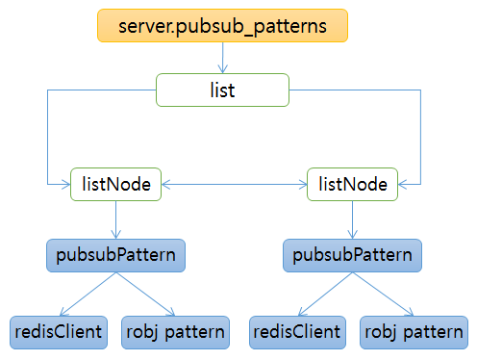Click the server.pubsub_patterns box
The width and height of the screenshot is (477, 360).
click(222, 26)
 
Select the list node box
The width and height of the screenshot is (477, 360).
click(222, 90)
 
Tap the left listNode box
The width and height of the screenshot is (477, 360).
click(116, 183)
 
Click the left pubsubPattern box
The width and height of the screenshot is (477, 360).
click(116, 255)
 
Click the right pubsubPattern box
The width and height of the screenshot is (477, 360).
click(352, 255)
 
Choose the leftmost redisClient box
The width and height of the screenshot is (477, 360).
click(58, 331)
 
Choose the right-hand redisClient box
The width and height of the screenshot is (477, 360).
click(296, 331)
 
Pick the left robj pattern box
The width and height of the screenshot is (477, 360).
click(176, 331)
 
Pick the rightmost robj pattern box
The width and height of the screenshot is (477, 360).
click(413, 331)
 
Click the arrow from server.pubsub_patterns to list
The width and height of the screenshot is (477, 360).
click(222, 58)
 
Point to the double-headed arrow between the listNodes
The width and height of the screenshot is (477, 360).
click(234, 183)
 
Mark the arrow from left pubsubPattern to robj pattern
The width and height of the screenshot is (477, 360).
click(145, 293)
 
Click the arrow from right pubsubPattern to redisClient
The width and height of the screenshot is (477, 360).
click(324, 293)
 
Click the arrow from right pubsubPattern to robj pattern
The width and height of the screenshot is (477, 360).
click(382, 293)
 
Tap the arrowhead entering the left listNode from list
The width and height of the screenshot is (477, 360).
click(63, 183)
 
